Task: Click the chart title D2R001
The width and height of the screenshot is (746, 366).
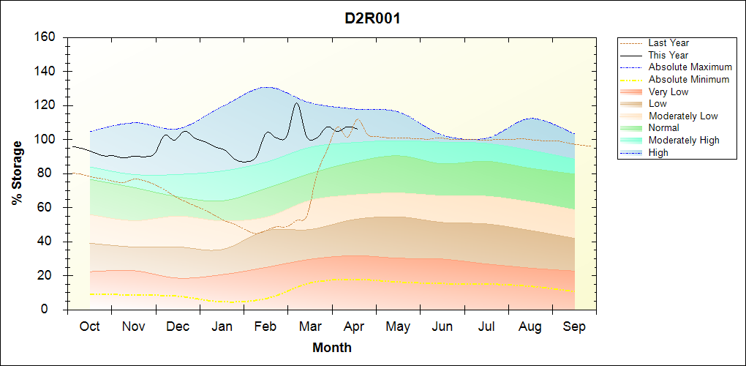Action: tap(372, 18)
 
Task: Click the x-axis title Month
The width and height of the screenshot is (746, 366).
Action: tap(332, 348)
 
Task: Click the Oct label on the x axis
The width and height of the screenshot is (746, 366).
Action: tap(89, 326)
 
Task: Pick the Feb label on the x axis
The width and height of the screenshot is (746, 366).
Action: tap(266, 326)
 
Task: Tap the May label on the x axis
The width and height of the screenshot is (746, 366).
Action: tap(398, 326)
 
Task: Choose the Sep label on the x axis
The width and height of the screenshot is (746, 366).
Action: tap(574, 326)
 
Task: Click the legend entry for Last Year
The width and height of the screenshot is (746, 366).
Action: tap(668, 43)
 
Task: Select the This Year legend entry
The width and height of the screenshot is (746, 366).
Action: tap(668, 55)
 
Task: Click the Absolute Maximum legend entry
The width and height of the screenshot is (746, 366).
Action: tap(690, 67)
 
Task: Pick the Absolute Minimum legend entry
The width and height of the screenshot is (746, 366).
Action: tap(689, 79)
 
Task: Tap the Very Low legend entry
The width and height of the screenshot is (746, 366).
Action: tap(668, 91)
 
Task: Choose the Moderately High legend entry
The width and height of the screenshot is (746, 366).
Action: tap(684, 140)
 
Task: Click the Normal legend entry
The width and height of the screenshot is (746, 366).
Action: tap(664, 128)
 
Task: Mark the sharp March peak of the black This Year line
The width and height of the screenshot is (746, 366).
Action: tap(296, 103)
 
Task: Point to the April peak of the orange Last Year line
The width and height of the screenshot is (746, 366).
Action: tap(357, 119)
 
